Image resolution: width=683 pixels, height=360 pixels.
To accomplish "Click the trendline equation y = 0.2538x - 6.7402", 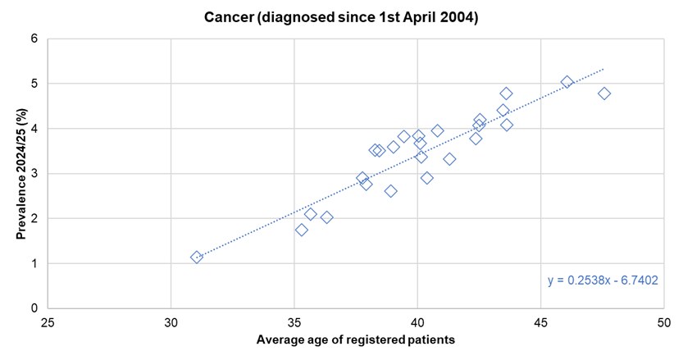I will point(603,280).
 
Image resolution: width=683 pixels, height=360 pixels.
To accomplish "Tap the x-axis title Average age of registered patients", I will point(355,339).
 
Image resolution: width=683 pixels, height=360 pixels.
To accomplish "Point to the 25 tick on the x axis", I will point(48,321).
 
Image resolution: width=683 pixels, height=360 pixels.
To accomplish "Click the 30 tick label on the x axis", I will point(171,321).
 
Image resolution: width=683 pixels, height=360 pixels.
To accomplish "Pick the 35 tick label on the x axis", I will point(294,321).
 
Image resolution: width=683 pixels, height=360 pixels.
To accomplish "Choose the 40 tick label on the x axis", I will point(417,321).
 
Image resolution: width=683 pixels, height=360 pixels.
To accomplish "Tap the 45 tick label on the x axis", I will point(540,321).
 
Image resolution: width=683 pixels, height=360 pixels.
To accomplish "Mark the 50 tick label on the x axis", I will point(663,321).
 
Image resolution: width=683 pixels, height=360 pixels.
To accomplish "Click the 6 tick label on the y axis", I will point(34,39).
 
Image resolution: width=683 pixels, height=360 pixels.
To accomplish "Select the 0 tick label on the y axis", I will point(34,308).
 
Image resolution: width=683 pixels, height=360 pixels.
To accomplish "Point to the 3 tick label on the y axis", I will point(34,174).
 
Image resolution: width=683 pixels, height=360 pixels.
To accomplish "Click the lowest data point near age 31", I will point(197,257).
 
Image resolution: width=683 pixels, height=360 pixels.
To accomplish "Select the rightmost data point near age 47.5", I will point(604,93).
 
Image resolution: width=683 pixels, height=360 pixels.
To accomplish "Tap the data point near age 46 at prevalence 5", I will point(567,82).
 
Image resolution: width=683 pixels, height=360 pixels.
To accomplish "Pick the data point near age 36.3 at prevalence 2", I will point(326,217).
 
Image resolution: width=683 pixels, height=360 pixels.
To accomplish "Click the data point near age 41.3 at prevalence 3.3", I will point(449,159).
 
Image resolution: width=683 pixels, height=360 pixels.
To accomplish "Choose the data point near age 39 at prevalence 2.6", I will point(391,191).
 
